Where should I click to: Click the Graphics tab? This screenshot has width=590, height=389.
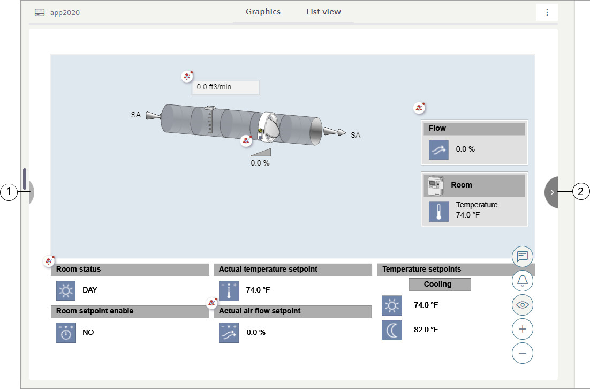pos(263,12)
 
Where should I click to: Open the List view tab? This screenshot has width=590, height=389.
pos(323,12)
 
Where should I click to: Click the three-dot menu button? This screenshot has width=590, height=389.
pos(547,12)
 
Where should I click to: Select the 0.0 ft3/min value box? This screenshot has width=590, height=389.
pos(226,87)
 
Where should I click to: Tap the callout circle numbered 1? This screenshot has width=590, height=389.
pos(9,192)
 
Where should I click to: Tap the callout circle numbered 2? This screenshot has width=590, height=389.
pos(580,192)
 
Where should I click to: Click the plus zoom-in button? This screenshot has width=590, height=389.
pos(522,329)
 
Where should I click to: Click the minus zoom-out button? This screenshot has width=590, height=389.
pos(522,353)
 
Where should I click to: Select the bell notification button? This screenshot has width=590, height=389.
pos(522,281)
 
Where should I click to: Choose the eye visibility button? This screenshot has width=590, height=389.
pos(522,305)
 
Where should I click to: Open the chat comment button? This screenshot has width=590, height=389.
pos(522,257)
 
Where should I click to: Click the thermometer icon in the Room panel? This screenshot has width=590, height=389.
pos(438,211)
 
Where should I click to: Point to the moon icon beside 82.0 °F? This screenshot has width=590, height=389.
pos(392,330)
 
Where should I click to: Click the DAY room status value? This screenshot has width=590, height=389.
pos(90,290)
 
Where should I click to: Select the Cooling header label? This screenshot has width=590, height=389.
pos(437,285)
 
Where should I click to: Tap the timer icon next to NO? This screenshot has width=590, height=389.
pos(66,333)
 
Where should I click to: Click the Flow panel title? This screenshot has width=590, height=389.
pos(437,129)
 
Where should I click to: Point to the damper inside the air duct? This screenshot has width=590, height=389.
pos(269,127)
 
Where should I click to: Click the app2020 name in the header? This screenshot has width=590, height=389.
pos(65,12)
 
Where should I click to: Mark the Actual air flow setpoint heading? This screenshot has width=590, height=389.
pos(260,311)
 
